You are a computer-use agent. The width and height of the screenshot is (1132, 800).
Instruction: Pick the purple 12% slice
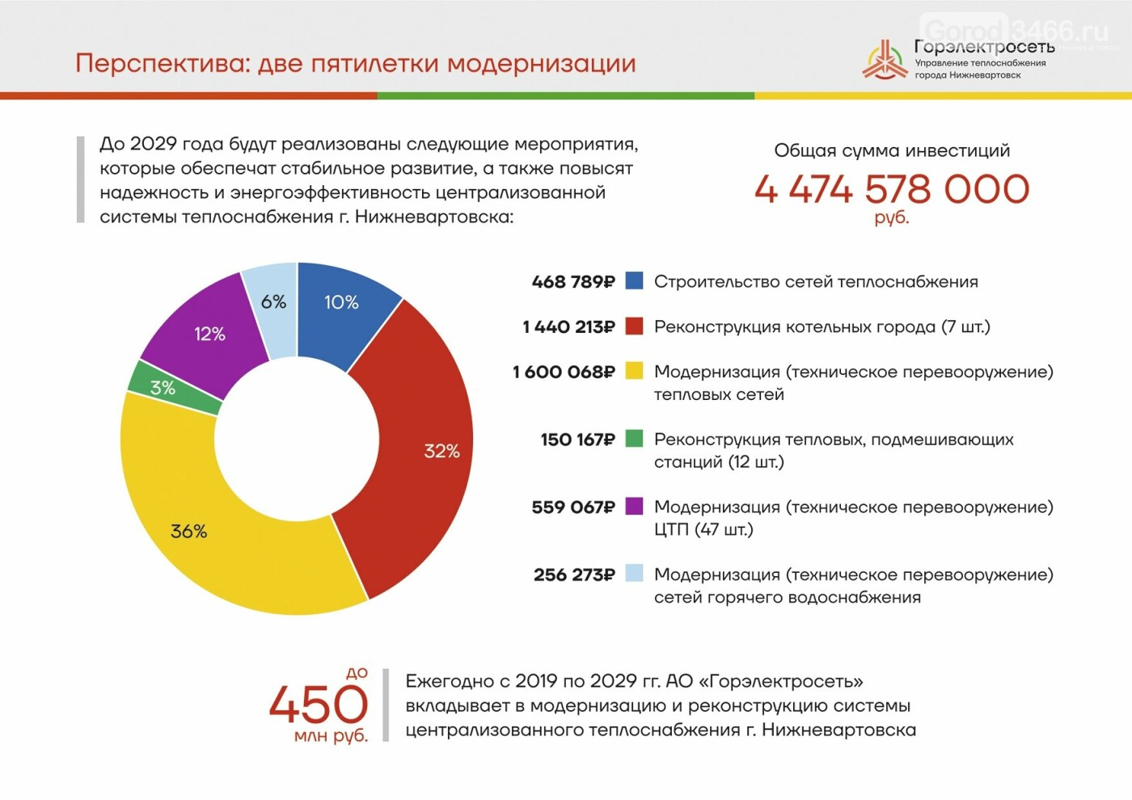[209, 333]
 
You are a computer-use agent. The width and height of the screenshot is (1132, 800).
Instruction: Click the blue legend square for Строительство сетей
[635, 281]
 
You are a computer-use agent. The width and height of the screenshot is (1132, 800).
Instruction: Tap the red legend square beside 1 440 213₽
[635, 326]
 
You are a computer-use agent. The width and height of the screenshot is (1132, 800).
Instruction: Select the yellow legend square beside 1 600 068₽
[635, 372]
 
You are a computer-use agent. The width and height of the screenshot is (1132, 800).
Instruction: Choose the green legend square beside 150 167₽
[635, 439]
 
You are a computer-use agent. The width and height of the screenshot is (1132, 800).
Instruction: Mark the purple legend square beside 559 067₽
[635, 507]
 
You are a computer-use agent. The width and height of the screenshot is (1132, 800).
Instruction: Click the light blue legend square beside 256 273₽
[635, 574]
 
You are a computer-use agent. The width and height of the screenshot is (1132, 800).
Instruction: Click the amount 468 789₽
[573, 282]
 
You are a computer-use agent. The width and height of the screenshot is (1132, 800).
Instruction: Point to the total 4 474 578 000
[892, 190]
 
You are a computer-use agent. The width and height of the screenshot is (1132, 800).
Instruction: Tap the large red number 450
[319, 704]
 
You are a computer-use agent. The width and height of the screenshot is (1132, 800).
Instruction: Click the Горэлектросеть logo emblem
[885, 61]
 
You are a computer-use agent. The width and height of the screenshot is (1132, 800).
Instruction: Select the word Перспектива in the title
[163, 64]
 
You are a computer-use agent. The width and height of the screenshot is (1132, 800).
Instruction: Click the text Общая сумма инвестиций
[892, 150]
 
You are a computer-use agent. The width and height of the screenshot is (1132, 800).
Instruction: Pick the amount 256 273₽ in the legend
[574, 575]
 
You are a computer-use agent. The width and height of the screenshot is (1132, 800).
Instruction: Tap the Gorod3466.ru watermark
[1016, 31]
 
